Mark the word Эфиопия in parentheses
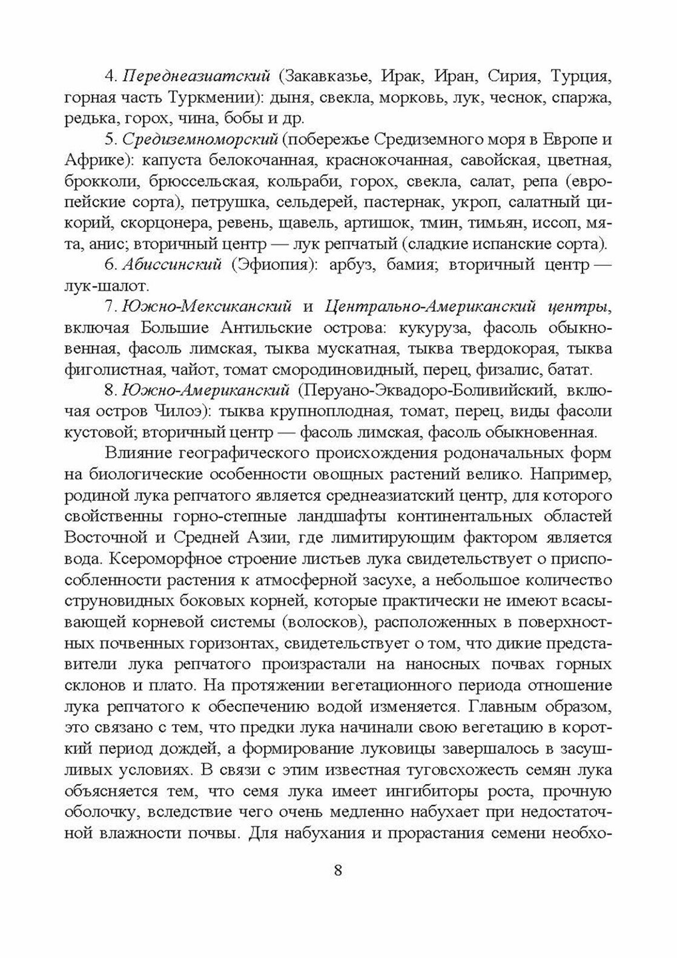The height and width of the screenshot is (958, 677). [x=278, y=265]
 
